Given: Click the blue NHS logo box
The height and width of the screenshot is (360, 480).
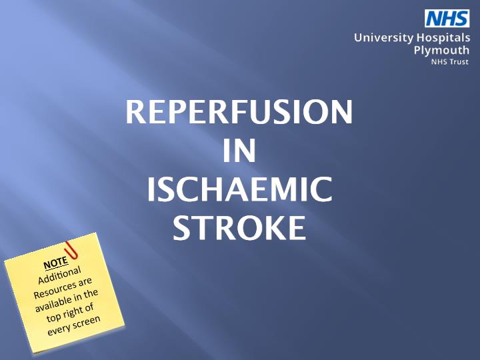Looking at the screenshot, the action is coord(447,19).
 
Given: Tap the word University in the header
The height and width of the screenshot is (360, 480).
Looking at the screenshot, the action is coord(383,38).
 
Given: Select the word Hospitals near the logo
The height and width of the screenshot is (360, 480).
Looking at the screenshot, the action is coord(443,37).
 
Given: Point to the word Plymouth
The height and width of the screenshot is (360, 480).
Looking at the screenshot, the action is coord(441,51).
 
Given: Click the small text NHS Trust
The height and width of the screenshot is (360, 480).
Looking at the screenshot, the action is coord(450,62).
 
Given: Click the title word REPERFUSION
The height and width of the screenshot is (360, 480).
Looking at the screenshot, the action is coord(239,112).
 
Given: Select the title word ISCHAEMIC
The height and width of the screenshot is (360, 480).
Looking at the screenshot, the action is coord(240,189).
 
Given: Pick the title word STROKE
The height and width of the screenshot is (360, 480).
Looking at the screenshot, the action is coord(239,227).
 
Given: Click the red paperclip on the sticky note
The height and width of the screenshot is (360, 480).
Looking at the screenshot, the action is coord(72,250).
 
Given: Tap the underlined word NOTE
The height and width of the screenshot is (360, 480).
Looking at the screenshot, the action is coord(55,263).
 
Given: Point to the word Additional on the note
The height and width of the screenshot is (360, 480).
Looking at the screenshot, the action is coord(60,275).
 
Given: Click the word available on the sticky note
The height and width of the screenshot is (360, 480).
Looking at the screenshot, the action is coord(53,304).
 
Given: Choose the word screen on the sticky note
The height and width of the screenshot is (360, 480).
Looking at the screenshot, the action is coord(87,323).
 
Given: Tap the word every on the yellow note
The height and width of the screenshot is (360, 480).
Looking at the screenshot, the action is coord(59,330).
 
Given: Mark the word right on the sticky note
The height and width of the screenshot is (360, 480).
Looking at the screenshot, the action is coord(72,313).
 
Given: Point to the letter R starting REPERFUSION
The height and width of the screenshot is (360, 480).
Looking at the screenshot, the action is coord(135,112).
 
